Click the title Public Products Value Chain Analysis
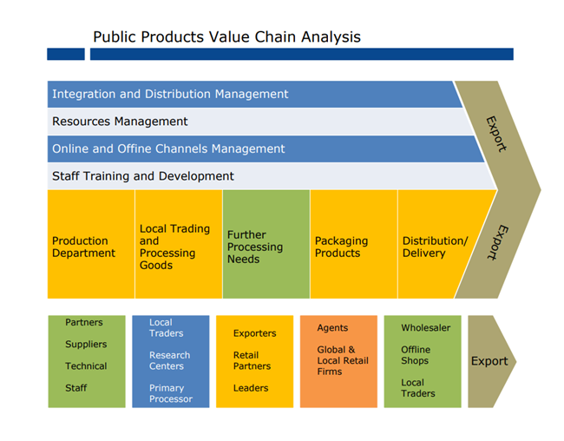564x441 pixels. (226, 36)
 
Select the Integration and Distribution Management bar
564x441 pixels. (170, 94)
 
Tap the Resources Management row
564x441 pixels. (120, 122)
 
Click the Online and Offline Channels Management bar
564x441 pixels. (168, 148)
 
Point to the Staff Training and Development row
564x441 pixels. (143, 176)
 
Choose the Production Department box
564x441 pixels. (84, 247)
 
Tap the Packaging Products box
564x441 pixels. (341, 247)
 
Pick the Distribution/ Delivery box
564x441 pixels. (435, 247)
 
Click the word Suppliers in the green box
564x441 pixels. (86, 345)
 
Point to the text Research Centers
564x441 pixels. (169, 360)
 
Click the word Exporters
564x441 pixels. (254, 333)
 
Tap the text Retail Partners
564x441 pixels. (252, 360)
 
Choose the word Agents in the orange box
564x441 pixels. (332, 328)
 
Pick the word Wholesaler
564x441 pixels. (425, 328)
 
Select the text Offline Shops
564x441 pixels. (415, 355)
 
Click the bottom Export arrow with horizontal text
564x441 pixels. (489, 361)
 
